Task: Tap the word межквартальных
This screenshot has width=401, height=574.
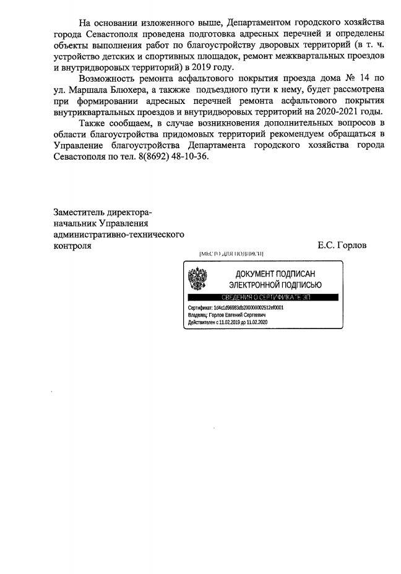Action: (x=296, y=55)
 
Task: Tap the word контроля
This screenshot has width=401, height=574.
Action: (x=73, y=246)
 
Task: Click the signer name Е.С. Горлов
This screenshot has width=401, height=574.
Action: (x=342, y=246)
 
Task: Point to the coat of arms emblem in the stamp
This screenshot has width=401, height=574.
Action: (x=197, y=280)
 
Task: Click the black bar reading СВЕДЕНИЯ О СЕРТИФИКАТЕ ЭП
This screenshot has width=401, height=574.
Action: (x=263, y=298)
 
